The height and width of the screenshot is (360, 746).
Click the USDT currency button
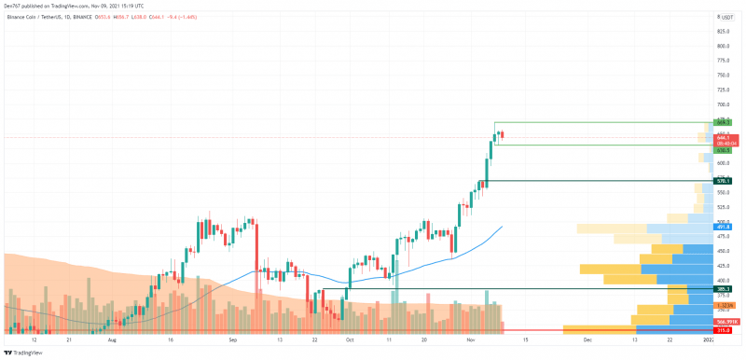point(727,17)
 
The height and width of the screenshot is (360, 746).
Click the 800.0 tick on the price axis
point(723,46)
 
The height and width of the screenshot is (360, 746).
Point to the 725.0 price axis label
point(723,90)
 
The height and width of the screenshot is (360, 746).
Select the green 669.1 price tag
point(723,122)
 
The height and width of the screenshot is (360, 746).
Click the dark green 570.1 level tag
point(723,180)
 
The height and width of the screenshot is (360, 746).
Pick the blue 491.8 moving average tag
point(723,227)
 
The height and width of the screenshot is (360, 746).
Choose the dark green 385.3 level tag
point(723,289)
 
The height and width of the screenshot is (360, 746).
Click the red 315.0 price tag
point(723,330)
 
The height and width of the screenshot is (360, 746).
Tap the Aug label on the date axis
point(113,341)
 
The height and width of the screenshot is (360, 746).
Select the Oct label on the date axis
point(350,341)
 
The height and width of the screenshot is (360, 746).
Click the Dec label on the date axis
point(587,341)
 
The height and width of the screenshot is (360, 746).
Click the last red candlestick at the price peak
point(503,135)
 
